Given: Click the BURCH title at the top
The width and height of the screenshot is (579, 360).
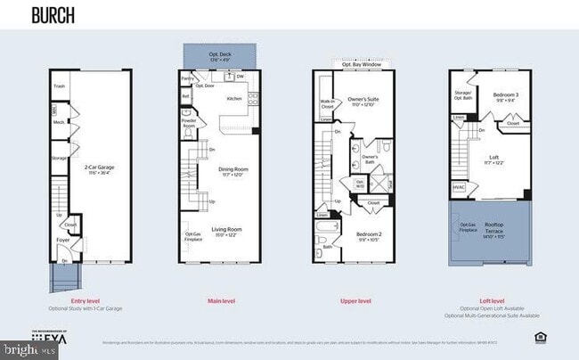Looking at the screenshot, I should coord(53,15).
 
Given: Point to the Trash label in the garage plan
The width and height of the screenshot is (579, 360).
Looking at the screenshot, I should coord(59,86).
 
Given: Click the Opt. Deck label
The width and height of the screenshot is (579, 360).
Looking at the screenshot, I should coord(219,54).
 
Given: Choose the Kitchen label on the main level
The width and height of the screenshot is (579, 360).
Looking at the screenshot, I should coord(234,98).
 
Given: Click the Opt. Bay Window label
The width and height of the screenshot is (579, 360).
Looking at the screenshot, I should coord(361,64).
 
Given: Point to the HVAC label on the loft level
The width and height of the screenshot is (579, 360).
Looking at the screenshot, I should coord(460,187).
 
